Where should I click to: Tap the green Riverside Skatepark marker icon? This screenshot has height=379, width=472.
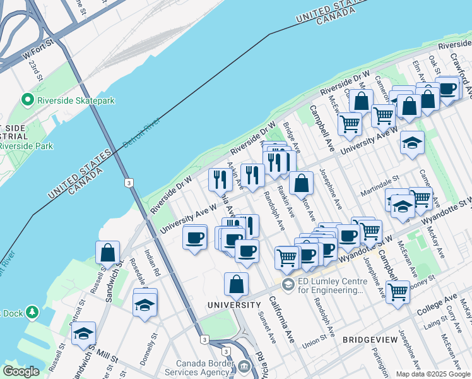(x=27, y=100)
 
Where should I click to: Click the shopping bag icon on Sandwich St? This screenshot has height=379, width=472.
(x=108, y=252)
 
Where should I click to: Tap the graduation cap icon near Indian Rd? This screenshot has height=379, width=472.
(x=145, y=303)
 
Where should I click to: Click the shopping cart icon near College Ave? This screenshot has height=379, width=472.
(x=398, y=291)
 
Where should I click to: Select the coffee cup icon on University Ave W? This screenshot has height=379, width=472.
(x=194, y=237)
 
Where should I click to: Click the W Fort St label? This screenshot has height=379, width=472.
(x=35, y=49)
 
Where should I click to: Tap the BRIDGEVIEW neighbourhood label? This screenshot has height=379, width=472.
(x=370, y=340)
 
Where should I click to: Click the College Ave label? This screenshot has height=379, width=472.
(x=443, y=300)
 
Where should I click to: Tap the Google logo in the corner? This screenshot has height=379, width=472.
(x=21, y=371)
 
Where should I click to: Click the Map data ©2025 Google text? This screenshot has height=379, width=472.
(x=432, y=374)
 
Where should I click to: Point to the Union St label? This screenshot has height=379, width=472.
(x=313, y=344)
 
